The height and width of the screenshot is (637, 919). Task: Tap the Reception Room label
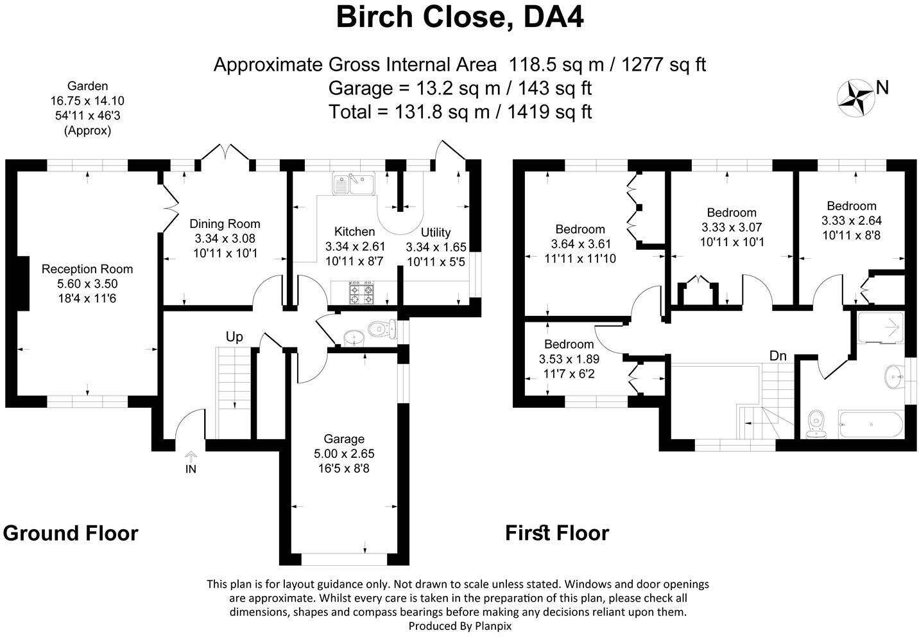[87, 269]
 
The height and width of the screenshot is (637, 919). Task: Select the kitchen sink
[353, 183]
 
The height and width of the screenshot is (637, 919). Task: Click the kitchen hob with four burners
[361, 294]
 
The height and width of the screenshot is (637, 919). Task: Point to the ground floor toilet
[384, 329]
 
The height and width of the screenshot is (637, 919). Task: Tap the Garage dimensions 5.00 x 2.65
[344, 453]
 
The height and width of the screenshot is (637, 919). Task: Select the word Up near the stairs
[234, 337]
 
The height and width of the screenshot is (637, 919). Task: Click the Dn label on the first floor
[778, 356]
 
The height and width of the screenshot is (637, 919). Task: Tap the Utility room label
[436, 232]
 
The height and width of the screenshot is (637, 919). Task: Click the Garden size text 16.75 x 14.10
[87, 101]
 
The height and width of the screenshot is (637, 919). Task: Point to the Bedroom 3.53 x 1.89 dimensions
[569, 359]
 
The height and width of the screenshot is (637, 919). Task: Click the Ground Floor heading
[71, 533]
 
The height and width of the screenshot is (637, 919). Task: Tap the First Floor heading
[556, 533]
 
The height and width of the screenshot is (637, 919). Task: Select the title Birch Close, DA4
[459, 17]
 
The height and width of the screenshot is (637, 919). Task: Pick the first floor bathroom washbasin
[894, 376]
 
